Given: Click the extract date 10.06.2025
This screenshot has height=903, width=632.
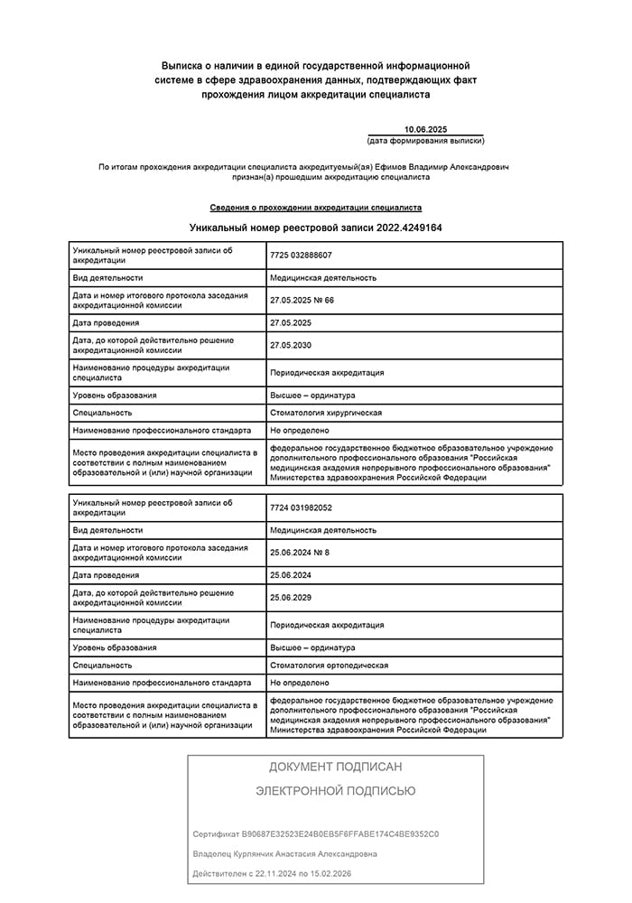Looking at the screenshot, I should (x=425, y=129).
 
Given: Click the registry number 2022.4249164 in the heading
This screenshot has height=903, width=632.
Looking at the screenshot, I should (x=409, y=228).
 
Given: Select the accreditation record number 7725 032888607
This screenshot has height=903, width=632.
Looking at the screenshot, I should (x=301, y=255).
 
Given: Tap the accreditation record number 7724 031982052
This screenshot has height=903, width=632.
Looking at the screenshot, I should (x=301, y=507).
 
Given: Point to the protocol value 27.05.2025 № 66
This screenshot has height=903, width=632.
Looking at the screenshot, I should (x=302, y=300).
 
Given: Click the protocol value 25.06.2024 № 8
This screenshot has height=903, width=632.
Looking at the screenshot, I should (x=299, y=553).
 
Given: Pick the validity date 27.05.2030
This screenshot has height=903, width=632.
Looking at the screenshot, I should (x=290, y=345).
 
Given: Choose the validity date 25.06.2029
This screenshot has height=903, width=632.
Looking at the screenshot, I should (x=290, y=598).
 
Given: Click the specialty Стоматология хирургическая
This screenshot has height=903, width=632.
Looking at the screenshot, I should (x=326, y=413).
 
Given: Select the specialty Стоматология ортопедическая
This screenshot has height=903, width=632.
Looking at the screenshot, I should (x=329, y=666).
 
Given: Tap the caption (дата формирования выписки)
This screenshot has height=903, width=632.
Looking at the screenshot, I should (x=425, y=141).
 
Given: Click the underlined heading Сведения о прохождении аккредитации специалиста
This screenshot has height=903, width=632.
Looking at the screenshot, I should (x=315, y=207).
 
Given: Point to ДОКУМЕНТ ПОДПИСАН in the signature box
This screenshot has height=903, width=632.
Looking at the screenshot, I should (x=335, y=767).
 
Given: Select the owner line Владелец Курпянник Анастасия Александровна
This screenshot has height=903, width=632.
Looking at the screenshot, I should (x=285, y=853).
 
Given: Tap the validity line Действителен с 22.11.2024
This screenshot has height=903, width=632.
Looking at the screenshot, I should (x=272, y=873).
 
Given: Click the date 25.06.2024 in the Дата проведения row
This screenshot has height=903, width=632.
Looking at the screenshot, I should (x=290, y=575).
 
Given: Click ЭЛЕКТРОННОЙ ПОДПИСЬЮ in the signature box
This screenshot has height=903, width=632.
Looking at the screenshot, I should (x=335, y=791).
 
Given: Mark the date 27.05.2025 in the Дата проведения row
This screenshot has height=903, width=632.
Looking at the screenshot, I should (x=290, y=322).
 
